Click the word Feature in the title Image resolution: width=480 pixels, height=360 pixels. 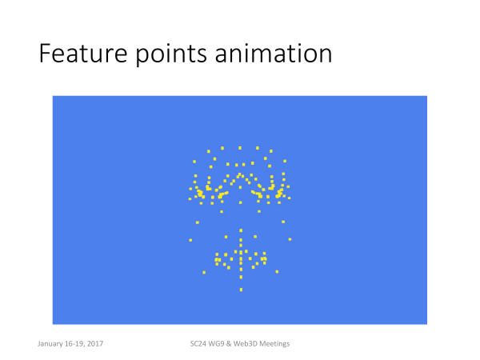(x=83, y=54)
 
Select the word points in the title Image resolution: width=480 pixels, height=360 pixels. (x=171, y=55)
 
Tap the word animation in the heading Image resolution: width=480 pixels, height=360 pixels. (x=274, y=54)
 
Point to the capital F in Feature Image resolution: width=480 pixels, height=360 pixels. (x=45, y=54)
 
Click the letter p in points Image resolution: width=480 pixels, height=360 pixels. (x=142, y=57)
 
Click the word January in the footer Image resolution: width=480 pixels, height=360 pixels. (x=50, y=344)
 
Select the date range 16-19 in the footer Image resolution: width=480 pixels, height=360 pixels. (x=74, y=344)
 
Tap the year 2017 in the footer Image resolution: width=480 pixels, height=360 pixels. (x=95, y=344)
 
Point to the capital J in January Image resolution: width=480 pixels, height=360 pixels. (x=39, y=344)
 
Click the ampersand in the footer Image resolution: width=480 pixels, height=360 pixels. (x=229, y=344)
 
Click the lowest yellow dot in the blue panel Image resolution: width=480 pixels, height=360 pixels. (x=242, y=290)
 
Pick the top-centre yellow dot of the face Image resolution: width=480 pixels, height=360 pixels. (x=240, y=148)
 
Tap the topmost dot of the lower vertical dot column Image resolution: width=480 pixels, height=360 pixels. (x=241, y=230)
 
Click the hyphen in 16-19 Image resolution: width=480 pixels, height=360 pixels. (x=74, y=345)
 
